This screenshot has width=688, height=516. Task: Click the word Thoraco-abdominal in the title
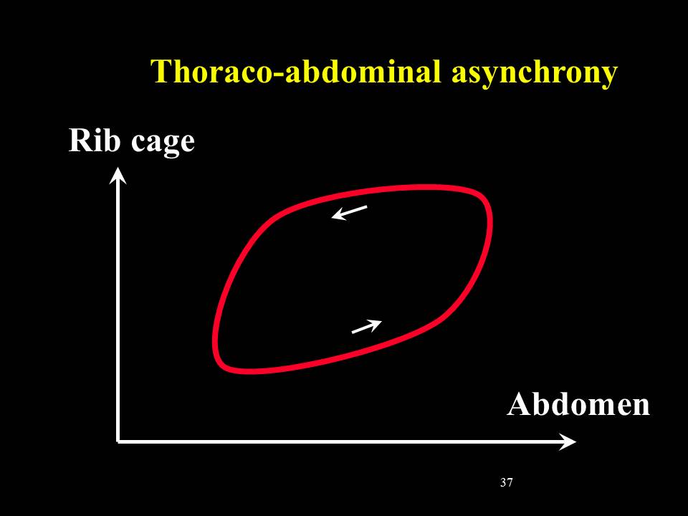pos(296,71)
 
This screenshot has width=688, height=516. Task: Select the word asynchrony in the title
pos(535,73)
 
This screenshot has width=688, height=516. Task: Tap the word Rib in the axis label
pos(94,140)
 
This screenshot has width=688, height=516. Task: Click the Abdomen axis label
pos(578,403)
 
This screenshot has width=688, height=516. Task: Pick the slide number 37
pos(506,482)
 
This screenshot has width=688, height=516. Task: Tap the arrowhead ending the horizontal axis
pos(568,441)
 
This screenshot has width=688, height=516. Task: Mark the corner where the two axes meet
pos(118,441)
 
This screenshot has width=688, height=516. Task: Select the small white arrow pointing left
pos(349,212)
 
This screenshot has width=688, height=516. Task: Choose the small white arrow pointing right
pos(367,327)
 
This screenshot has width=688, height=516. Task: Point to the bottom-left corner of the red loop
pos(222,365)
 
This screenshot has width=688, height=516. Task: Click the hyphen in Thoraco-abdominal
pos(278,75)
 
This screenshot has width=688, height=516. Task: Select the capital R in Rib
pos(79,140)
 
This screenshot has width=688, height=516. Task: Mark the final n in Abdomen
pos(641,408)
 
